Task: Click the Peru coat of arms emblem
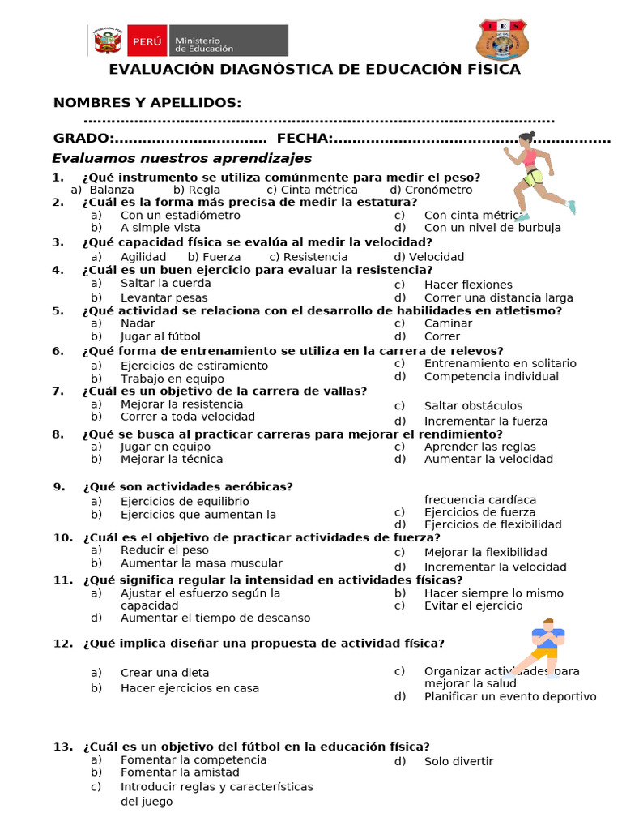click(x=108, y=40)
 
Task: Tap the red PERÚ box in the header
click(x=147, y=40)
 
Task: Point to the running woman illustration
click(x=536, y=175)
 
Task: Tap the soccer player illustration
click(x=546, y=646)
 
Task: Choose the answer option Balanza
click(x=112, y=190)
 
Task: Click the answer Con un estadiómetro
click(x=180, y=216)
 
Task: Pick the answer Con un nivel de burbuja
click(x=492, y=228)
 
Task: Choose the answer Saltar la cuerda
click(x=165, y=283)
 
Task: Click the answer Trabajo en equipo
click(x=172, y=379)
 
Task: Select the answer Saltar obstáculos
click(x=473, y=405)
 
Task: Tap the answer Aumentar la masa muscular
click(x=201, y=563)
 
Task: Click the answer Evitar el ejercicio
click(x=473, y=605)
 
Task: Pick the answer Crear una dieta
click(x=164, y=673)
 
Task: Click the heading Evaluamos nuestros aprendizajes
click(x=182, y=158)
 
